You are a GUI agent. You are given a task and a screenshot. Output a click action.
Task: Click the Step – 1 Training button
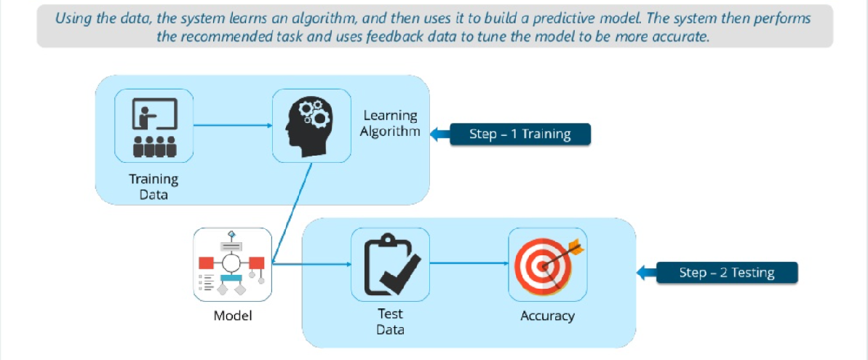click(519, 135)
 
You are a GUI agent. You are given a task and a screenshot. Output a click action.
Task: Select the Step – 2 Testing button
click(727, 273)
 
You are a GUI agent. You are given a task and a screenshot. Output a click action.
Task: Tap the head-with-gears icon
click(311, 124)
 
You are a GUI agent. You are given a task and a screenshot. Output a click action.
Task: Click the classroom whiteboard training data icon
click(154, 124)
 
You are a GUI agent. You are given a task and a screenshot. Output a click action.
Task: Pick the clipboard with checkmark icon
click(390, 264)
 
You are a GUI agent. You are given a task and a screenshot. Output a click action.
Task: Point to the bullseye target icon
click(547, 264)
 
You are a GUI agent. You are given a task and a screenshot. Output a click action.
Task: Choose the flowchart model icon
click(233, 264)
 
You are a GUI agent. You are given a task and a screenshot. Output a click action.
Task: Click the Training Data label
click(154, 186)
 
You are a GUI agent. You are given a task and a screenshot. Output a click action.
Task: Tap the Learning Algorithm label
click(390, 124)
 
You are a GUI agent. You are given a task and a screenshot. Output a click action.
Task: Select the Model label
click(233, 316)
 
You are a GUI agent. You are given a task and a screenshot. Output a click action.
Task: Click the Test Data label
click(390, 321)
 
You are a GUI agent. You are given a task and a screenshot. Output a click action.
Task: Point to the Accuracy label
click(547, 316)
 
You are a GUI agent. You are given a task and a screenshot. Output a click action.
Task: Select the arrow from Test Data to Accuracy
click(469, 264)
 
